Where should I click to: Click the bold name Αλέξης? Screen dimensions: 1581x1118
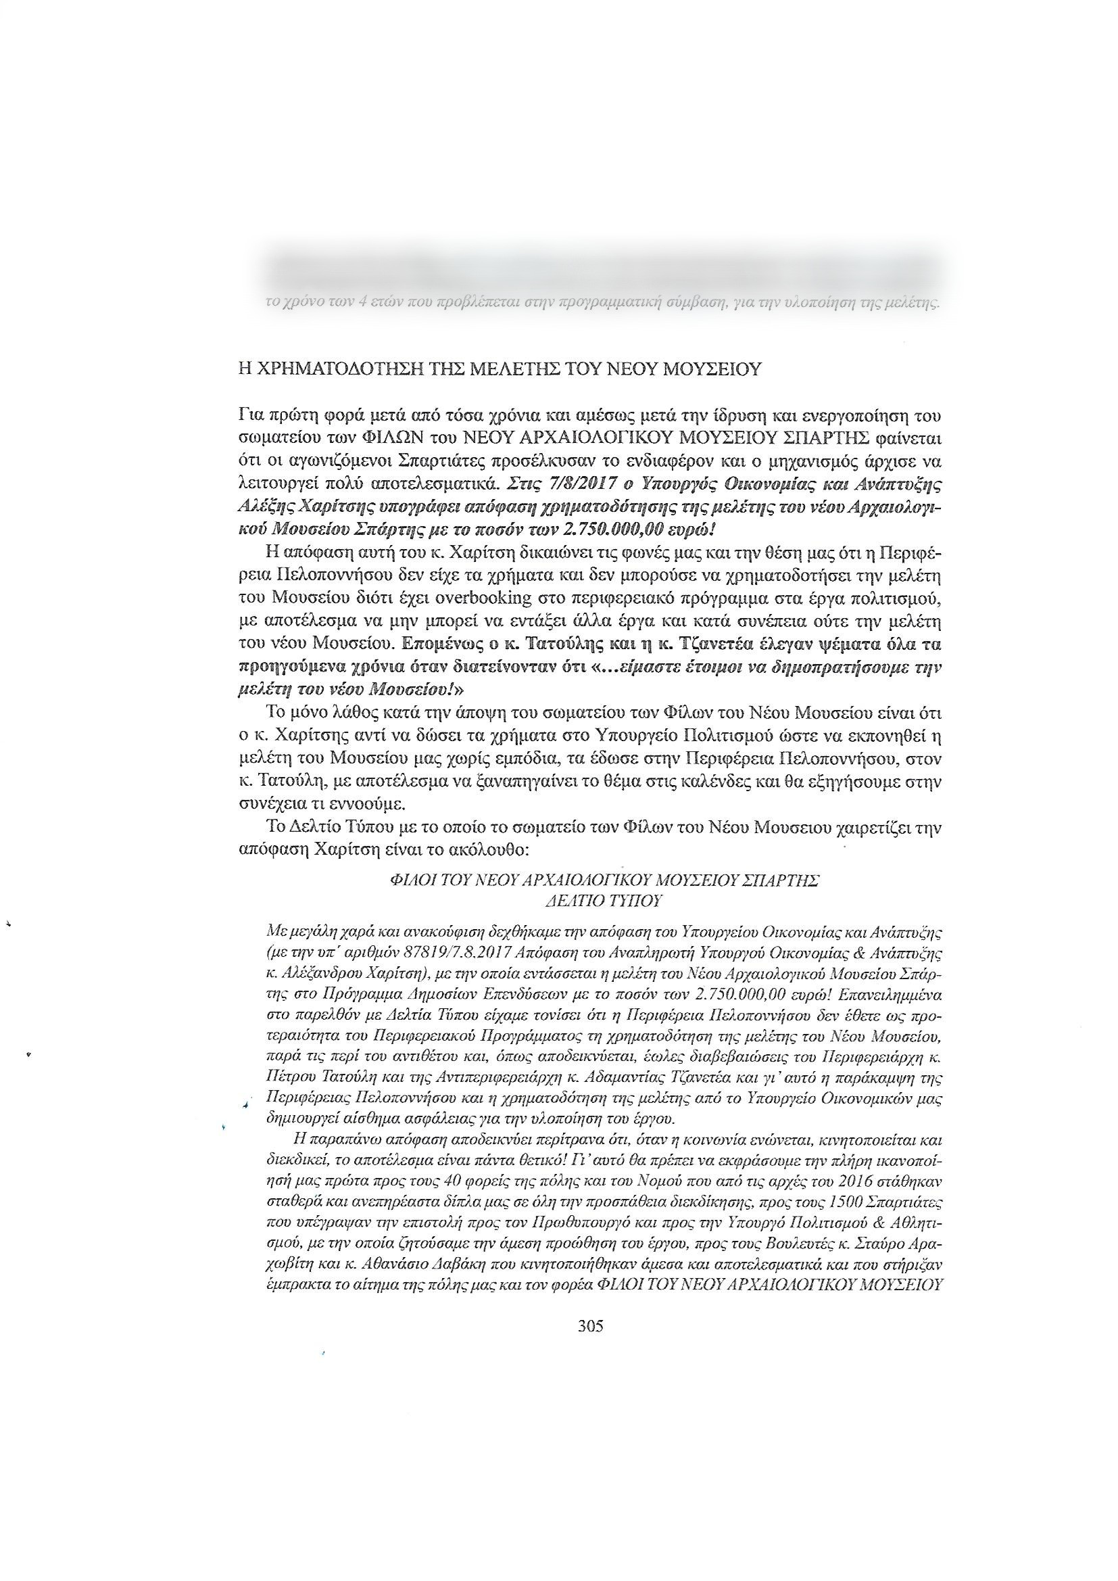[x=260, y=506]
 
